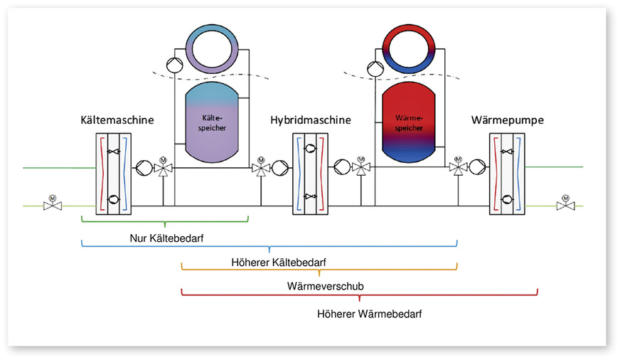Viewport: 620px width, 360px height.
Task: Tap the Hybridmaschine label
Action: pos(311,120)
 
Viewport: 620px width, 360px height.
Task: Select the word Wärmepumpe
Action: pos(508,120)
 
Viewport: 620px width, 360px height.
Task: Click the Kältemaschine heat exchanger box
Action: pos(115,175)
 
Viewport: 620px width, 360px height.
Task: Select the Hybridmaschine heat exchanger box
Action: pos(311,175)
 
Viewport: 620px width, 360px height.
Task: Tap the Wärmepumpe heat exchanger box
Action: pos(508,175)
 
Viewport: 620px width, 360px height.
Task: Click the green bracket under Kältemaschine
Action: pos(165,221)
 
